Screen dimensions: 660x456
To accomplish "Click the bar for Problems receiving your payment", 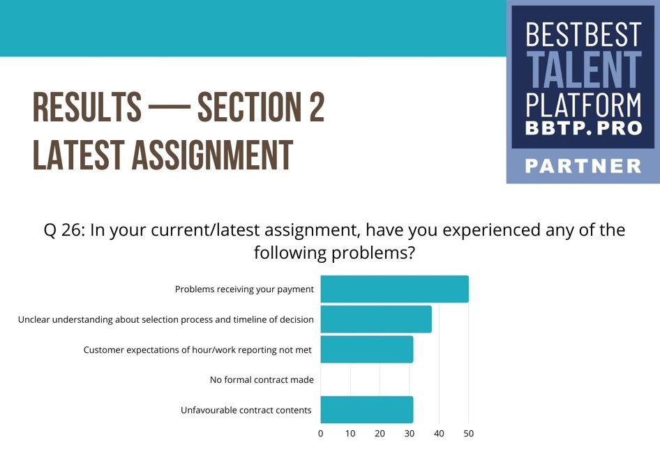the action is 394,289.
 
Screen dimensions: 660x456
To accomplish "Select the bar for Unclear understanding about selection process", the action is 376,319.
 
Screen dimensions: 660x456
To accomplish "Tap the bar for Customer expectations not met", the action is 366,349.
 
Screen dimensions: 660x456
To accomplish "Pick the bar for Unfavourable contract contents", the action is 366,410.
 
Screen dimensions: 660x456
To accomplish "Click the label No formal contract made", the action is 262,380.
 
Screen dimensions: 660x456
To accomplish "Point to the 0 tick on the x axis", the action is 321,433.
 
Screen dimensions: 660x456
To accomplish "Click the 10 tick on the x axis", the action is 350,433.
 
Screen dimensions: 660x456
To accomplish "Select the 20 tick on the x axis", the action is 380,433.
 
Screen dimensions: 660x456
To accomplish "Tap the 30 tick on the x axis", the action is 410,433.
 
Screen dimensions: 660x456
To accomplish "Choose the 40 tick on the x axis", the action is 439,433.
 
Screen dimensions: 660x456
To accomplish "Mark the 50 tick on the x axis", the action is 468,433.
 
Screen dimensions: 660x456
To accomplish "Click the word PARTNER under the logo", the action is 583,166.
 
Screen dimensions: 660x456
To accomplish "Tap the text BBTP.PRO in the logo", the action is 583,128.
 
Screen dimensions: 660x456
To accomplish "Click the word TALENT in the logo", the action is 584,70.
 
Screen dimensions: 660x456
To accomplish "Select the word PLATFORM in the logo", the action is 583,105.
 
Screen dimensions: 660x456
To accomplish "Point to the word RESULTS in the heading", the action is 87,107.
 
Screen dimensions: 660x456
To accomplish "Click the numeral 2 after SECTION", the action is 317,107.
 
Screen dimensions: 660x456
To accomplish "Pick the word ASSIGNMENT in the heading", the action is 212,155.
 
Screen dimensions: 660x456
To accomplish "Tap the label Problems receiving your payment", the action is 244,289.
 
